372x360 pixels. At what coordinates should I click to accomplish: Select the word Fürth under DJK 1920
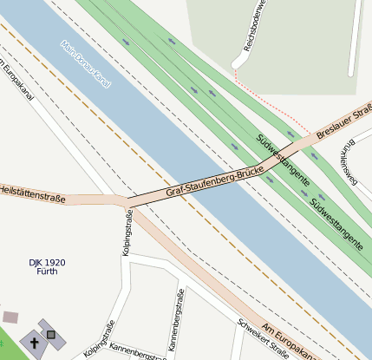[x=48, y=272]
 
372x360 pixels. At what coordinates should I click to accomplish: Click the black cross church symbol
[x=35, y=342]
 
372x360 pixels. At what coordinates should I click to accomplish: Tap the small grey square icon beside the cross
[x=51, y=335]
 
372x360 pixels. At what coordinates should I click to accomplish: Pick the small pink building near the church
[x=10, y=317]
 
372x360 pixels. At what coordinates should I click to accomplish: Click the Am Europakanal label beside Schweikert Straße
[x=290, y=340]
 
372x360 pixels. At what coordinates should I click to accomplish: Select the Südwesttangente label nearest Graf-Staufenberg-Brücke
[x=283, y=160]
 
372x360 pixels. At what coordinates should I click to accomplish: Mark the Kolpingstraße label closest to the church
[x=100, y=340]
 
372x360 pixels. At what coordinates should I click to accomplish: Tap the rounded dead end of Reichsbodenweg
[x=237, y=63]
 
